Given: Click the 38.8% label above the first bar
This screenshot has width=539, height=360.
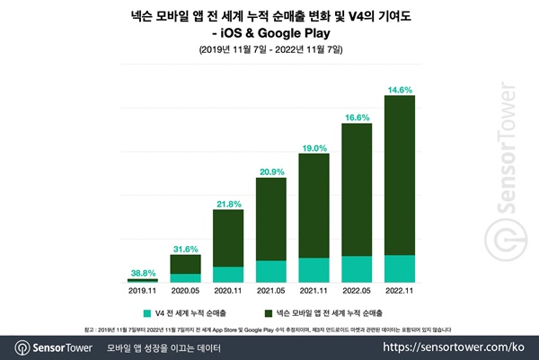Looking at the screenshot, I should click(x=142, y=271).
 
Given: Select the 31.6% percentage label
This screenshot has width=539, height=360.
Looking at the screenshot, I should click(x=186, y=249).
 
